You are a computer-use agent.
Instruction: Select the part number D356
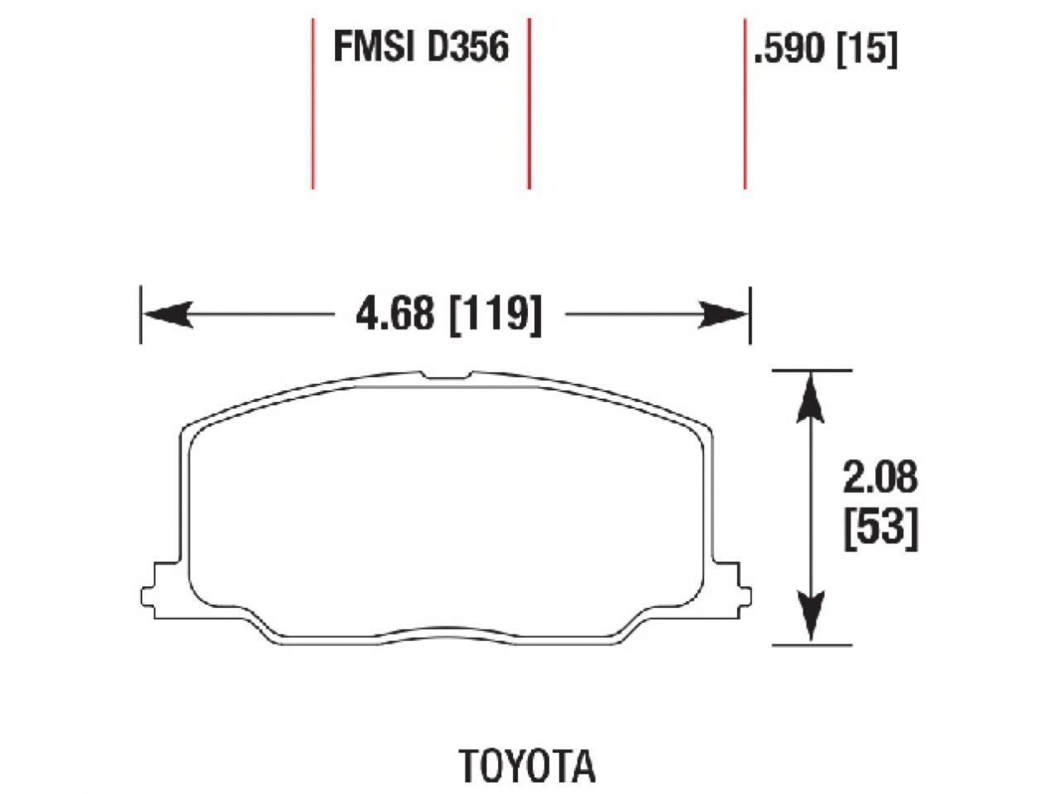coord(467,47)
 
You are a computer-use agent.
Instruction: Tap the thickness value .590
coord(789,50)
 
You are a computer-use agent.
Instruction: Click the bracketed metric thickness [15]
coord(866,50)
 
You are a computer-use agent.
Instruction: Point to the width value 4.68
coord(394,314)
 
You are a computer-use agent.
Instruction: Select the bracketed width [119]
coord(495,314)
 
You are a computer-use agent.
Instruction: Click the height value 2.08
coord(880,477)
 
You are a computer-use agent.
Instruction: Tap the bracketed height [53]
coord(880,529)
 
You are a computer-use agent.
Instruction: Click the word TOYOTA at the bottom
coord(527,766)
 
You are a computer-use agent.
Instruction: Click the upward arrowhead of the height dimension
coord(812,392)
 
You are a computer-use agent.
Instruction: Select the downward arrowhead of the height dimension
coord(812,620)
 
